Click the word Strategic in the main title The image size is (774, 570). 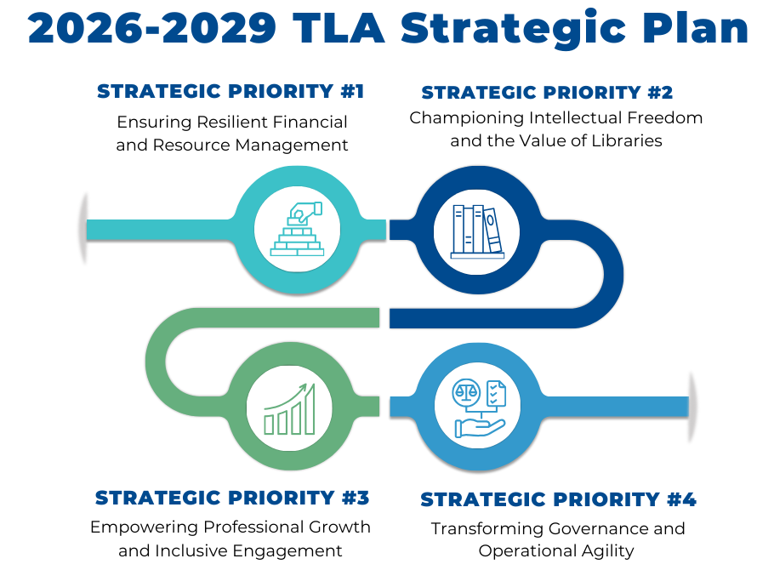(514, 30)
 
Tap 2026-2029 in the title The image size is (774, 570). (152, 29)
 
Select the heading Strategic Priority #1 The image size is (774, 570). (230, 91)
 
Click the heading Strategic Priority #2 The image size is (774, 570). (547, 93)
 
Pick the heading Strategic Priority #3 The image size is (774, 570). (232, 498)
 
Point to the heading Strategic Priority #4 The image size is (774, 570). (558, 499)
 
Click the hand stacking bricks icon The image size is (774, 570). (297, 229)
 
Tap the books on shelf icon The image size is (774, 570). (477, 231)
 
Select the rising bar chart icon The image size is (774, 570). (289, 409)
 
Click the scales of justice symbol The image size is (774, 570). (466, 391)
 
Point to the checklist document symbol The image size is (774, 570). (496, 394)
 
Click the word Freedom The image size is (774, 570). (665, 118)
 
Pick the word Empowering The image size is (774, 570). (144, 528)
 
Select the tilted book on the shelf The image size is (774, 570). (492, 231)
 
